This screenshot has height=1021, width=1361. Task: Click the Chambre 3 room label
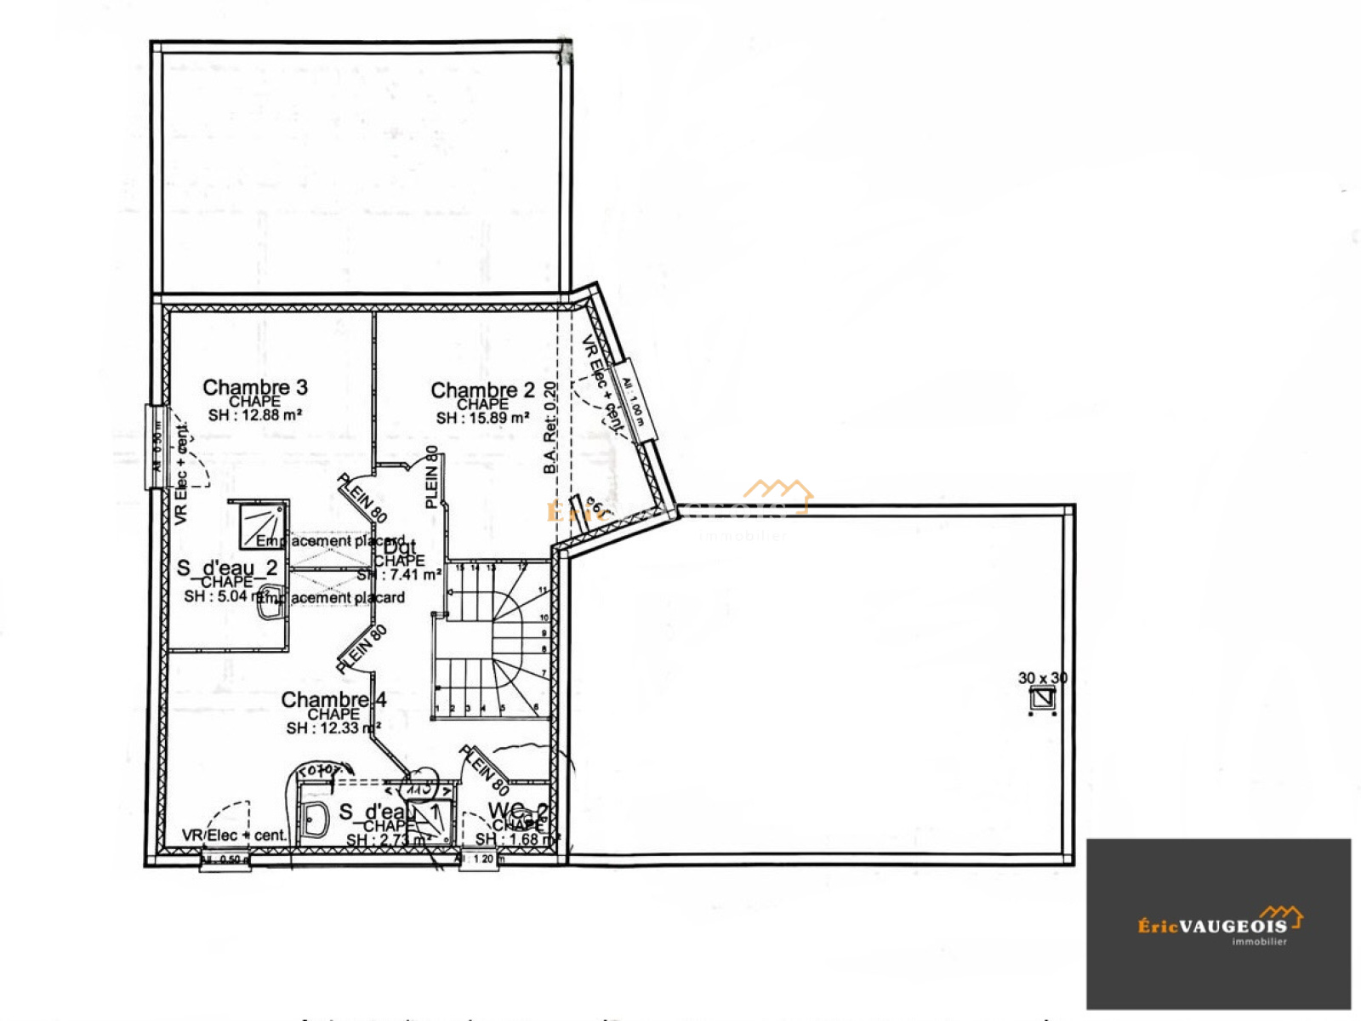point(254,388)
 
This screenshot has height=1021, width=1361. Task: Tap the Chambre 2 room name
point(482,391)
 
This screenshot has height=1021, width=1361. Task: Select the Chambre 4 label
point(333,699)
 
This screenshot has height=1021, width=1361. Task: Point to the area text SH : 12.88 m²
point(255,415)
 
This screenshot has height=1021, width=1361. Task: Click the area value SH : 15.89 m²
point(482,418)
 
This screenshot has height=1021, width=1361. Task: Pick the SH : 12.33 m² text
point(333,728)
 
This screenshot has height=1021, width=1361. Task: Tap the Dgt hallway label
point(400,548)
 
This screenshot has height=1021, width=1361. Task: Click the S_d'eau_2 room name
point(227,568)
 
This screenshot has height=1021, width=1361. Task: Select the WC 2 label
point(517,811)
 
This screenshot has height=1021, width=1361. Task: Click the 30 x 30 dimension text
point(1042,678)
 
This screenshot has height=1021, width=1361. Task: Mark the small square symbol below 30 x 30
point(1042,699)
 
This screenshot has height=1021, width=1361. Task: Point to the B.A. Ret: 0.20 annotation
point(550,427)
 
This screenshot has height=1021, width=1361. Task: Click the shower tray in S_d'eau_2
point(261,525)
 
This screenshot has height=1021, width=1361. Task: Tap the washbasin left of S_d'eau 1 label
point(315,819)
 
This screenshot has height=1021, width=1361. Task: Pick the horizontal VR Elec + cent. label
point(234,836)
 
